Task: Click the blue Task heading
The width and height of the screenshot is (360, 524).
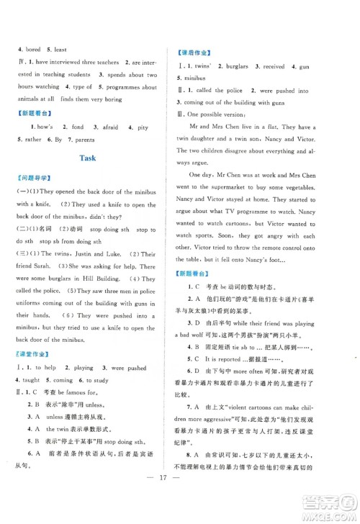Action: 89,157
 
